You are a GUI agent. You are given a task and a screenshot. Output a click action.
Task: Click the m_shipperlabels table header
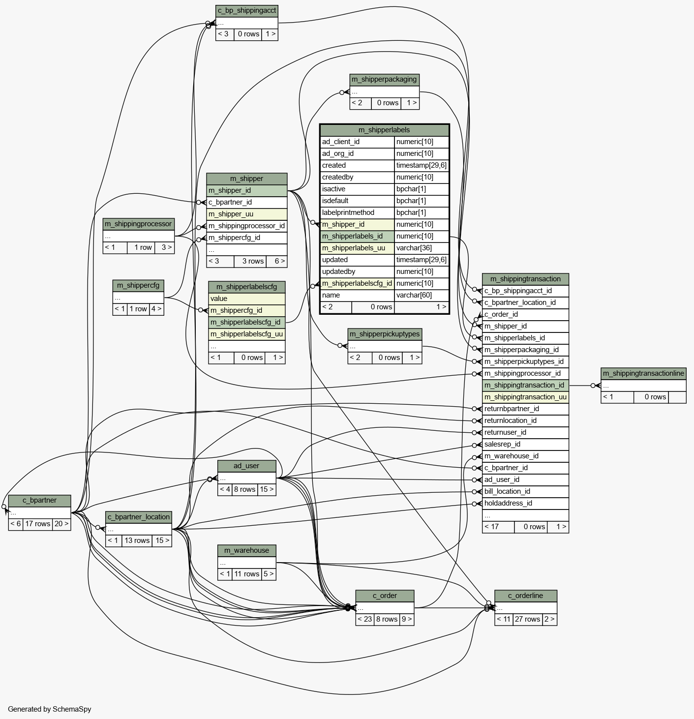tap(384, 130)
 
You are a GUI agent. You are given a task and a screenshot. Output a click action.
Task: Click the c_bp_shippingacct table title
tap(247, 10)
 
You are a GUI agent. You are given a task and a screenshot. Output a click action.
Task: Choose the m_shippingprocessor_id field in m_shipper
tap(246, 226)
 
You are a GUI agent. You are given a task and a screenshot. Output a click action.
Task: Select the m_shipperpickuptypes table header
tap(385, 334)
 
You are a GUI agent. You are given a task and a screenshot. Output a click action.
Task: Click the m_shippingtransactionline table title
tap(643, 373)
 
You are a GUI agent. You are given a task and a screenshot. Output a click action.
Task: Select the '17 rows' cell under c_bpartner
tap(38, 524)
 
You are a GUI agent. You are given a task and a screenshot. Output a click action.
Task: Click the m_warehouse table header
tap(247, 550)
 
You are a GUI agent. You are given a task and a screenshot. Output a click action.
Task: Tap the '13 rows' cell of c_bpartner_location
tap(137, 540)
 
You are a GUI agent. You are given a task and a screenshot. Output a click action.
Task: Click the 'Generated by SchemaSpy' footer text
tap(50, 709)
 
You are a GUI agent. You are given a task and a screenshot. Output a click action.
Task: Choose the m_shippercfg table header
tap(138, 285)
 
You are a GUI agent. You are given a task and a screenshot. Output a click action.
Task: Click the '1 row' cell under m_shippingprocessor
tap(143, 247)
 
